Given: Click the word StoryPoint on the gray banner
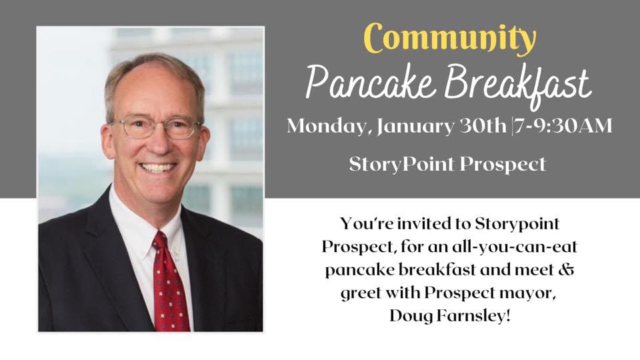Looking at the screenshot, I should tap(408, 165).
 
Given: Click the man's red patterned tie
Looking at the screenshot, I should tap(169, 287).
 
